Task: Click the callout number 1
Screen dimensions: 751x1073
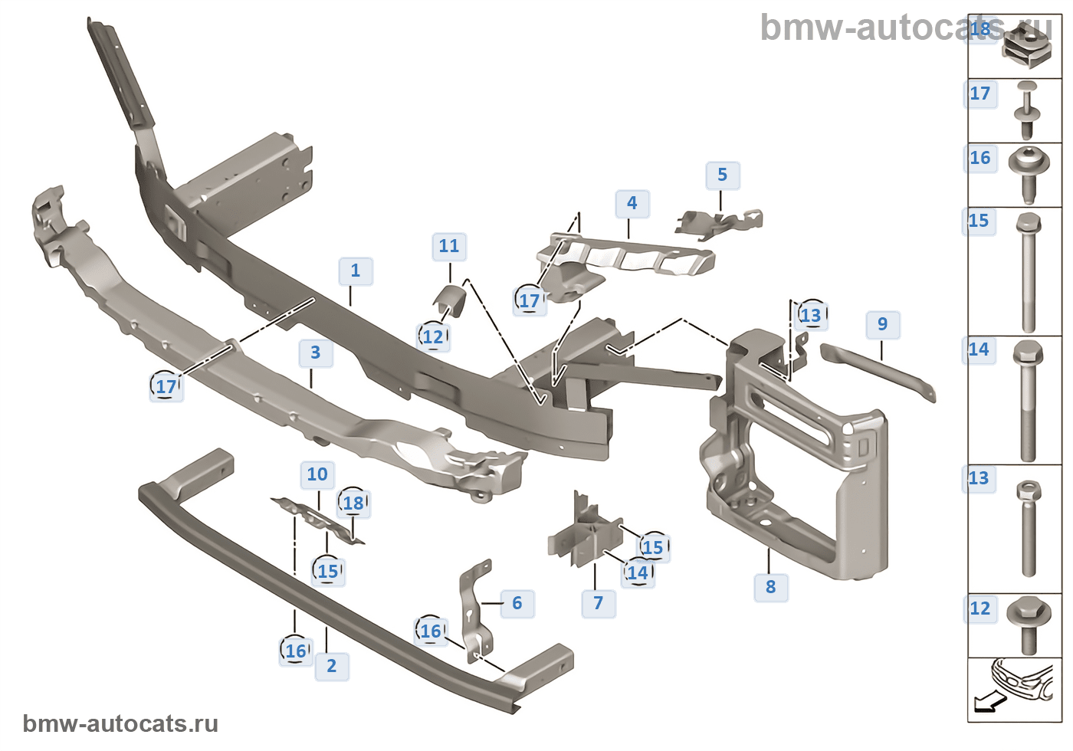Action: click(356, 271)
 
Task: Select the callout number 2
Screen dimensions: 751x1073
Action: click(332, 666)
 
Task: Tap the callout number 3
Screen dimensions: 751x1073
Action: click(316, 353)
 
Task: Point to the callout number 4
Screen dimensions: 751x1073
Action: click(632, 203)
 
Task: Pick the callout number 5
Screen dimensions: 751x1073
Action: click(722, 175)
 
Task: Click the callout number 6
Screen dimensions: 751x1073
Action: click(517, 603)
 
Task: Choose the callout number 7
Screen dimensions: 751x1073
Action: click(599, 603)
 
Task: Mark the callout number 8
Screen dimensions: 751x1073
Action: click(771, 587)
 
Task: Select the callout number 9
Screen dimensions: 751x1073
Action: click(883, 324)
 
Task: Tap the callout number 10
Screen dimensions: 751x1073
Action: click(317, 474)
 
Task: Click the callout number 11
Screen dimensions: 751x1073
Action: click(449, 246)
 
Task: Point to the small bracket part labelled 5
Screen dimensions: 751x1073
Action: click(719, 222)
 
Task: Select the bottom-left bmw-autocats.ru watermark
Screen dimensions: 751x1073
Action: click(120, 724)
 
